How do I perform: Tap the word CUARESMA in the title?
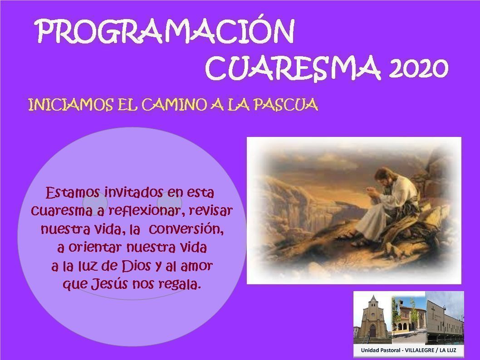pyautogui.click(x=293, y=67)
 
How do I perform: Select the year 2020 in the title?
pyautogui.click(x=418, y=68)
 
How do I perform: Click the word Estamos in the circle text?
pyautogui.click(x=73, y=193)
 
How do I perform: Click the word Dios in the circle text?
pyautogui.click(x=136, y=266)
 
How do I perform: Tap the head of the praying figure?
pyautogui.click(x=382, y=176)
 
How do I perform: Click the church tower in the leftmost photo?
pyautogui.click(x=373, y=315)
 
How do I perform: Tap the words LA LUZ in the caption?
pyautogui.click(x=448, y=350)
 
